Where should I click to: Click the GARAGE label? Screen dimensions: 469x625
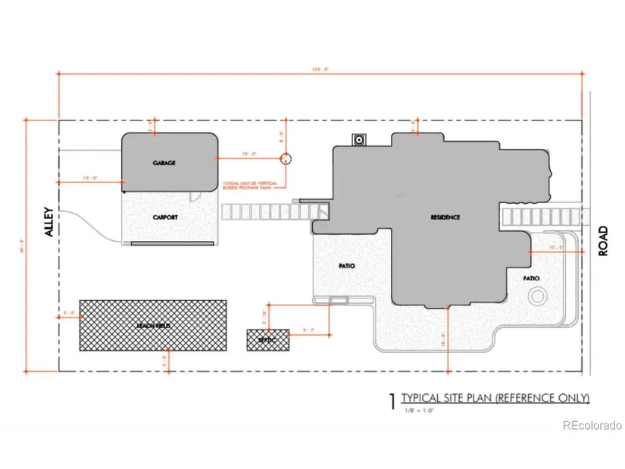(164, 163)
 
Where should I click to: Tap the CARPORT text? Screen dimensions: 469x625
(164, 217)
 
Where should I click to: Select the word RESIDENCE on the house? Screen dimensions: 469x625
(445, 217)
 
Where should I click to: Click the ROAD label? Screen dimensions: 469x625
(603, 240)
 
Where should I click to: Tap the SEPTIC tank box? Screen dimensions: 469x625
(268, 340)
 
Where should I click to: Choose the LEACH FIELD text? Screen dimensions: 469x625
(153, 325)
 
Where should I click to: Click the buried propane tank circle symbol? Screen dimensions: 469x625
(286, 159)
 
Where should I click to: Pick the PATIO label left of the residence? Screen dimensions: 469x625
(347, 266)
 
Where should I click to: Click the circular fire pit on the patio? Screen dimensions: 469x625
(539, 296)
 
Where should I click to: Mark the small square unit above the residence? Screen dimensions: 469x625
(358, 139)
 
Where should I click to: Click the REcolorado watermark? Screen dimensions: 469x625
(592, 426)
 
